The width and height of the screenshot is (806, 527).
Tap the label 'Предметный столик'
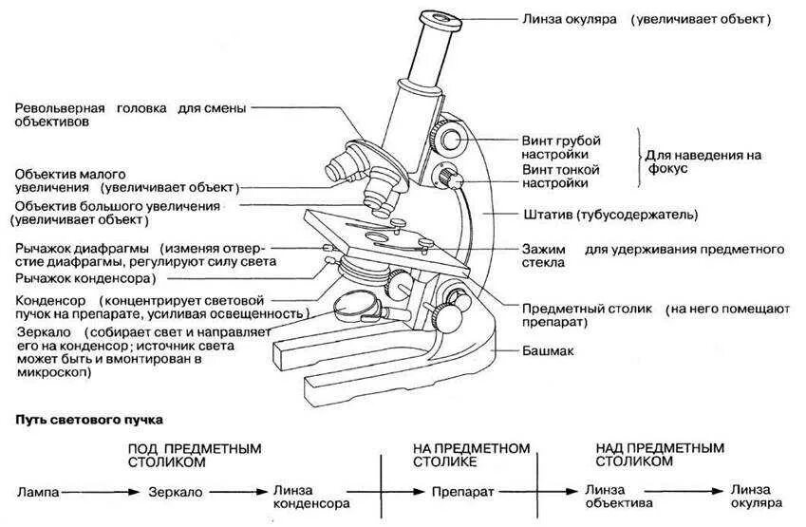[569, 309]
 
